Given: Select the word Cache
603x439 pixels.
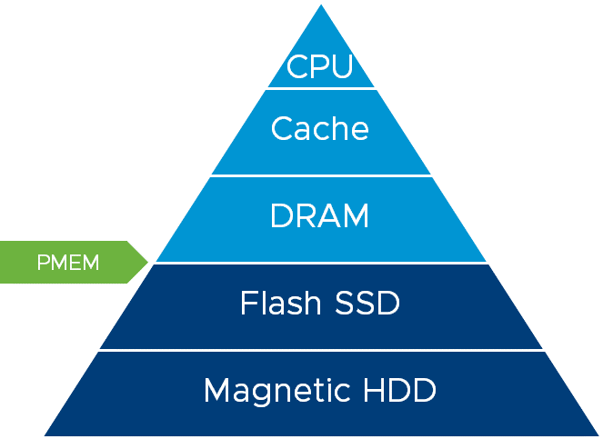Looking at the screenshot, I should coord(320,128).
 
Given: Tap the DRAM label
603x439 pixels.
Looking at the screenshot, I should coord(320,216).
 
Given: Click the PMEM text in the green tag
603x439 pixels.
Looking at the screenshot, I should coord(68,264).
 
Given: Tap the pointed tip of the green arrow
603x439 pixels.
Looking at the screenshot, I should coord(147,263).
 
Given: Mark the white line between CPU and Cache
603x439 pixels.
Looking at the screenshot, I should coord(320,88).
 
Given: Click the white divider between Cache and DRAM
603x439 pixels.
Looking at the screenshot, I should coord(320,175).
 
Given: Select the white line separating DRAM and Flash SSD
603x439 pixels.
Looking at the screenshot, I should coord(320,264).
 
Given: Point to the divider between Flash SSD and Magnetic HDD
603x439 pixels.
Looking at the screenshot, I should coord(320,351).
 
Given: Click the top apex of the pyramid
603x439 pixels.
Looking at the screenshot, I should coord(320,6).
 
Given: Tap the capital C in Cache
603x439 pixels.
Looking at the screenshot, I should coord(282,128).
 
